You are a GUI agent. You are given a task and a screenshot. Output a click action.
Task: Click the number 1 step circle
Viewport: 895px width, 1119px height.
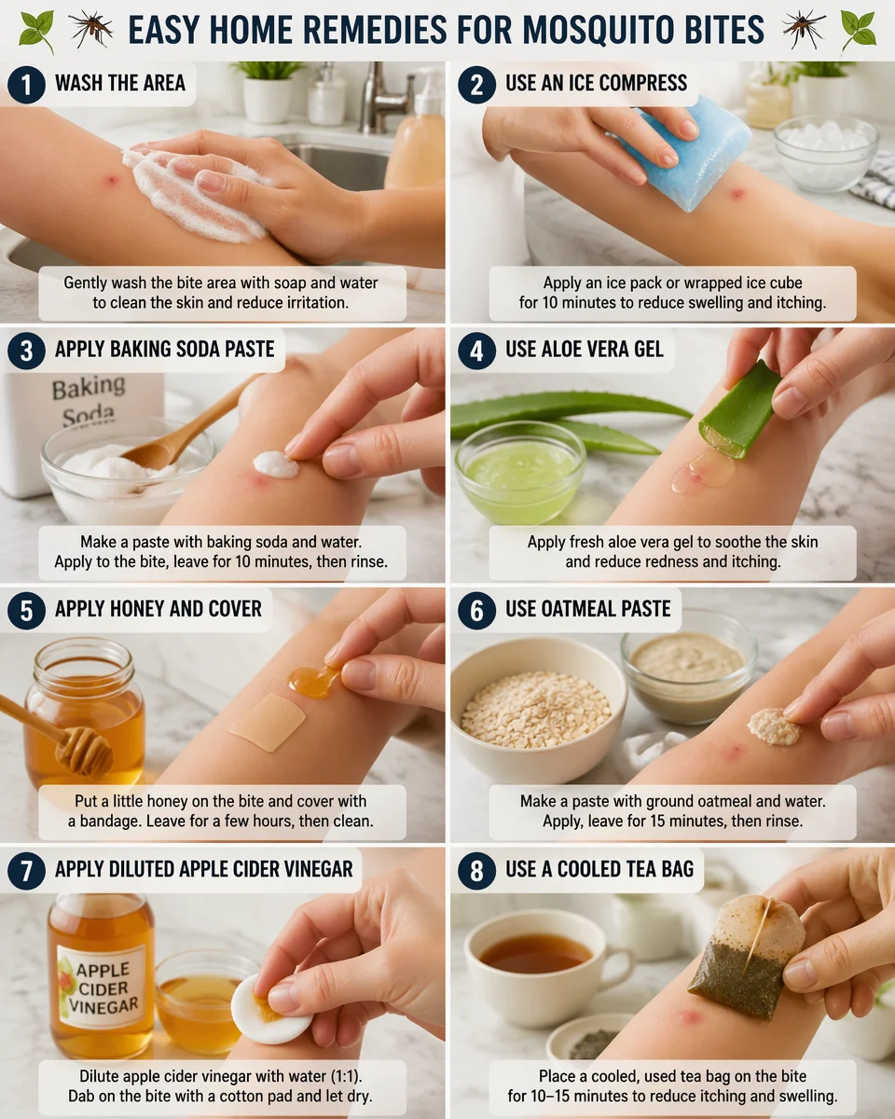pos(25,84)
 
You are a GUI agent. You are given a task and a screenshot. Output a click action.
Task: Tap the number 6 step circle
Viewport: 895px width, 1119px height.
pos(476,610)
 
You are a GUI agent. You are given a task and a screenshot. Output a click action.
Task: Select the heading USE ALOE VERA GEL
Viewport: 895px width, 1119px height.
pos(585,349)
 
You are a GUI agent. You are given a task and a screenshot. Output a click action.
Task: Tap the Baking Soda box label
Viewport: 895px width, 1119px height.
pos(88,399)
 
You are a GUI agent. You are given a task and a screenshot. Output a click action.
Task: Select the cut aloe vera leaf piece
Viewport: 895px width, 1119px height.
pos(740,410)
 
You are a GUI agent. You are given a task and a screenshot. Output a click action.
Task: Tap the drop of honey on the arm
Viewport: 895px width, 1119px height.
pos(311,681)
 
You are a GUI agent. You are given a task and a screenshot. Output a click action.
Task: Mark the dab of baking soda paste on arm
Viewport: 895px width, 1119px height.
pos(276,463)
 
